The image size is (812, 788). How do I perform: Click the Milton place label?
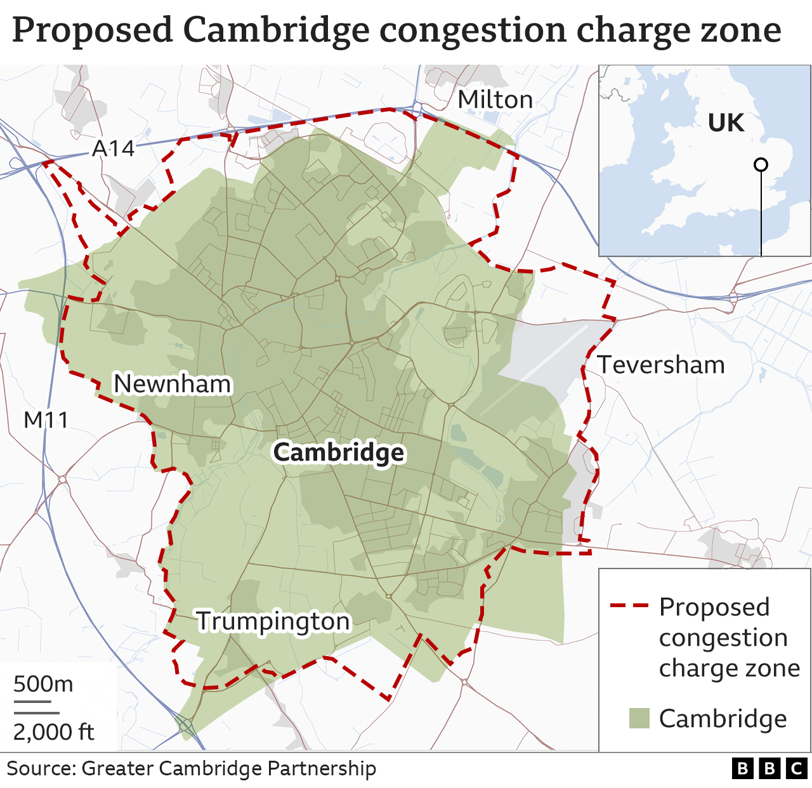click(495, 100)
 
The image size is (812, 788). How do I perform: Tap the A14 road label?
click(114, 148)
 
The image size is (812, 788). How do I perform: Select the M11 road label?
click(46, 419)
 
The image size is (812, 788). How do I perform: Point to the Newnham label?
click(172, 384)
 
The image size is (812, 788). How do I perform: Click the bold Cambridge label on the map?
click(338, 452)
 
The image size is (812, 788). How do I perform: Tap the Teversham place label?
click(661, 365)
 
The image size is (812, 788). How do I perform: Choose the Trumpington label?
click(273, 621)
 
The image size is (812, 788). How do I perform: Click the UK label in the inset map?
click(726, 123)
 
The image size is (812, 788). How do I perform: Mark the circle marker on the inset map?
click(761, 165)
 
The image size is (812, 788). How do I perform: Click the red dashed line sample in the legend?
click(629, 606)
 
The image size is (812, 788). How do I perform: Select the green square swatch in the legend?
click(639, 718)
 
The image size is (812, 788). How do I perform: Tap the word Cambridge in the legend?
click(723, 718)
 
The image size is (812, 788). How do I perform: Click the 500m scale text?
click(43, 684)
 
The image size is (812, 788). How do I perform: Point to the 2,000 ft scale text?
click(53, 732)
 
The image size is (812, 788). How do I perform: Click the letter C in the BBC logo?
click(797, 768)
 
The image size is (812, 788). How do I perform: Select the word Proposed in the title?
click(93, 30)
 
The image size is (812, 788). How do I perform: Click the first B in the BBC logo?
click(742, 768)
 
